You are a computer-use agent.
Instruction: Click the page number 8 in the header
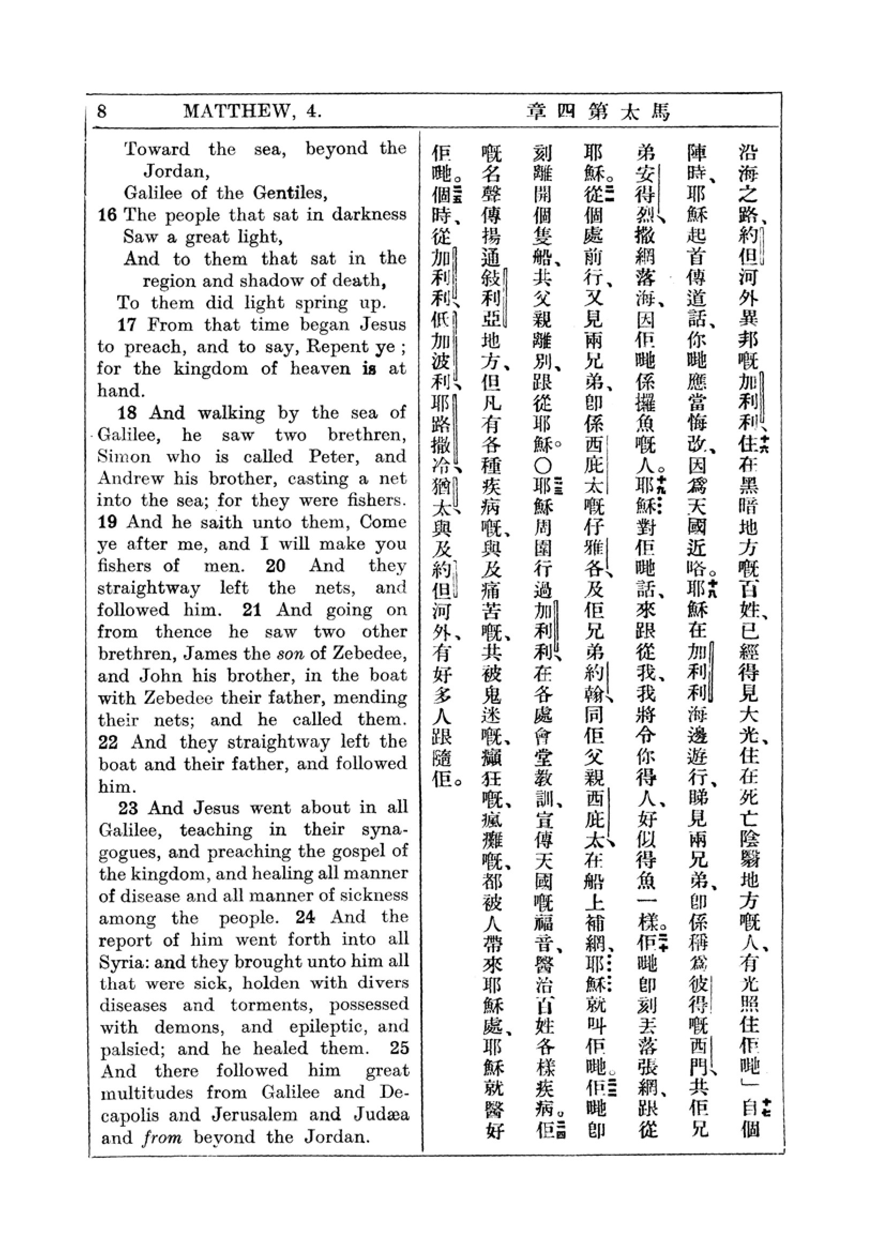(x=102, y=111)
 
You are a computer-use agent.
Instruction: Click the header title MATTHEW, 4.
(x=253, y=111)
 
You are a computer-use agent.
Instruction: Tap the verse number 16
(x=108, y=215)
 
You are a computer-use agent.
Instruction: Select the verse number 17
(x=127, y=325)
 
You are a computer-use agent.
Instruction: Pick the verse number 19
(x=108, y=522)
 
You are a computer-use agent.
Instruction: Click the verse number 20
(x=275, y=566)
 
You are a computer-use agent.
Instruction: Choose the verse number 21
(x=252, y=610)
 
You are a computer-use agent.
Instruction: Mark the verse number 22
(x=109, y=742)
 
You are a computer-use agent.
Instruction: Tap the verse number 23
(x=128, y=808)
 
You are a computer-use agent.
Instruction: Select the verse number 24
(x=305, y=917)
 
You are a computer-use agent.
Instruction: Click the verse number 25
(x=399, y=1049)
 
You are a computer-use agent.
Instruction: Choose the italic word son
(x=290, y=654)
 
